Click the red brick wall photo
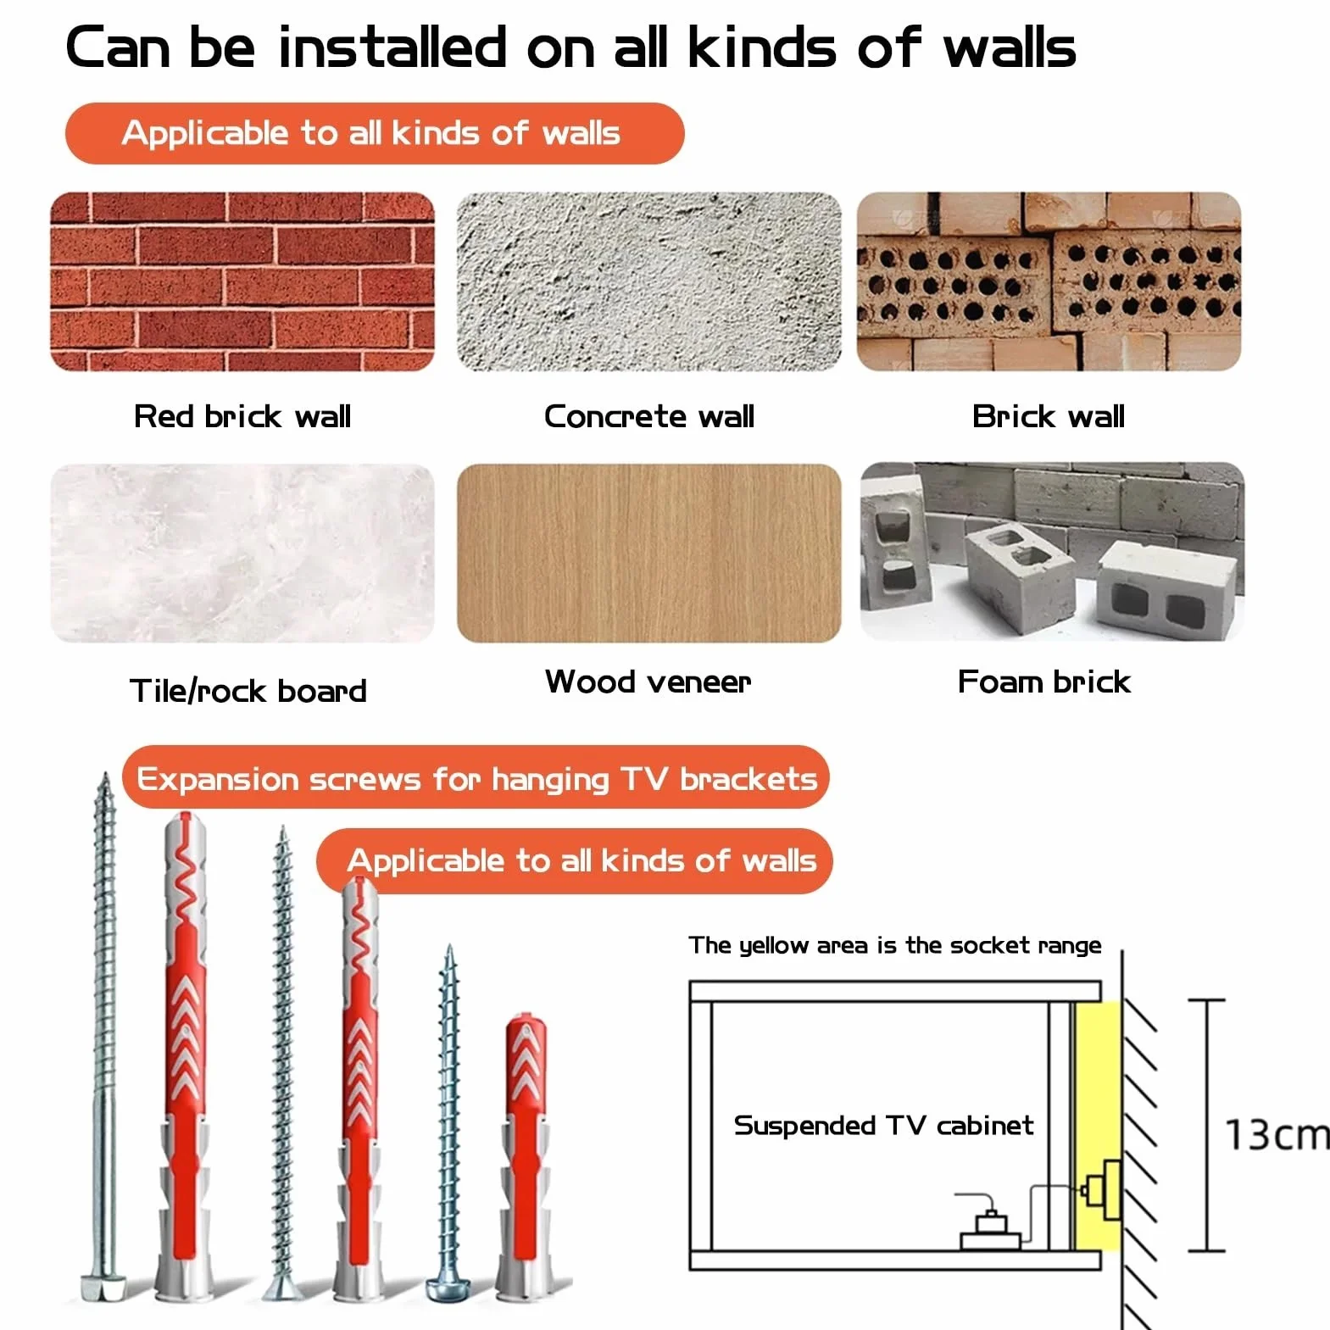[242, 281]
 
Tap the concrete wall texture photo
[649, 281]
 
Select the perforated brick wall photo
[1049, 281]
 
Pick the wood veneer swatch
[649, 553]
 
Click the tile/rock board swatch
[242, 553]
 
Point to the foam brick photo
[1052, 551]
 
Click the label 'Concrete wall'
[649, 416]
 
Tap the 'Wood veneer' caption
[648, 682]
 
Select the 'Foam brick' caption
[1044, 682]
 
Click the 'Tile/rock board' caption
[248, 691]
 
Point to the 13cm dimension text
[1277, 1134]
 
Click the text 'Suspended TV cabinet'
[884, 1125]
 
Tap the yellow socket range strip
[1098, 1126]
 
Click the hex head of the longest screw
[103, 1288]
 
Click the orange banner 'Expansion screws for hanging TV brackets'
[476, 777]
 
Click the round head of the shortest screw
[448, 1290]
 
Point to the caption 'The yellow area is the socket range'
[895, 945]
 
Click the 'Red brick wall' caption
[242, 416]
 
